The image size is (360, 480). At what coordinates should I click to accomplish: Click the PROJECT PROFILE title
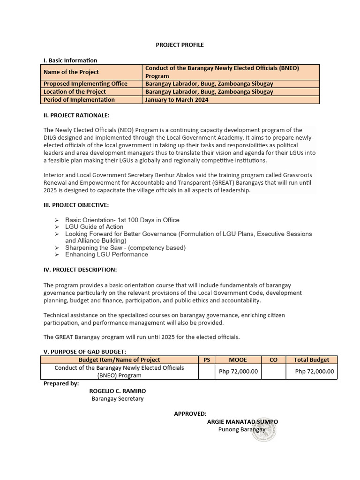[x=180, y=45]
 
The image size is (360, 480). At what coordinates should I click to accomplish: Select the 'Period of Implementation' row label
[x=79, y=100]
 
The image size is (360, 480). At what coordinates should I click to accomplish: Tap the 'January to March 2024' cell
[x=177, y=100]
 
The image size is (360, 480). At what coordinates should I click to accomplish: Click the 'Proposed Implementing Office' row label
[x=85, y=84]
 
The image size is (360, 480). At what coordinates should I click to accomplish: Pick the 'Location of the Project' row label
[x=75, y=92]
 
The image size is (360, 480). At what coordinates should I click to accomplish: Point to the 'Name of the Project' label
[x=71, y=72]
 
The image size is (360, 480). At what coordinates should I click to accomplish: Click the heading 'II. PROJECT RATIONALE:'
[x=76, y=115]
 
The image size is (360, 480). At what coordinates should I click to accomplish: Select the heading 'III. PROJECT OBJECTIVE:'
[x=76, y=205]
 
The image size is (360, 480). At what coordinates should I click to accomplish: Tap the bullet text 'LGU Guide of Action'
[x=94, y=227]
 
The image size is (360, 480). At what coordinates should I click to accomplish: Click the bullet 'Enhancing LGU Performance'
[x=106, y=255]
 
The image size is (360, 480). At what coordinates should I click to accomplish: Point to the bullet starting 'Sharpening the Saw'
[x=125, y=247]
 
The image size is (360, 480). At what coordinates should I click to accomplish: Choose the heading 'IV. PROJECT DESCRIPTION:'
[x=80, y=270]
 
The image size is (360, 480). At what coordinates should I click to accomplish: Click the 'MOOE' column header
[x=238, y=360]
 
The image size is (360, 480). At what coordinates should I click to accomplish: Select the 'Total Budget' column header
[x=311, y=360]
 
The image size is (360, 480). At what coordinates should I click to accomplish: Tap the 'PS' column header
[x=207, y=360]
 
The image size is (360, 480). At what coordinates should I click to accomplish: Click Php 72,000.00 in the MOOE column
[x=238, y=371]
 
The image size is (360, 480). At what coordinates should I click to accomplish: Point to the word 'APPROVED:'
[x=190, y=413]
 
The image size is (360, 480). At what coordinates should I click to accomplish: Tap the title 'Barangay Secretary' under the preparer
[x=117, y=399]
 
